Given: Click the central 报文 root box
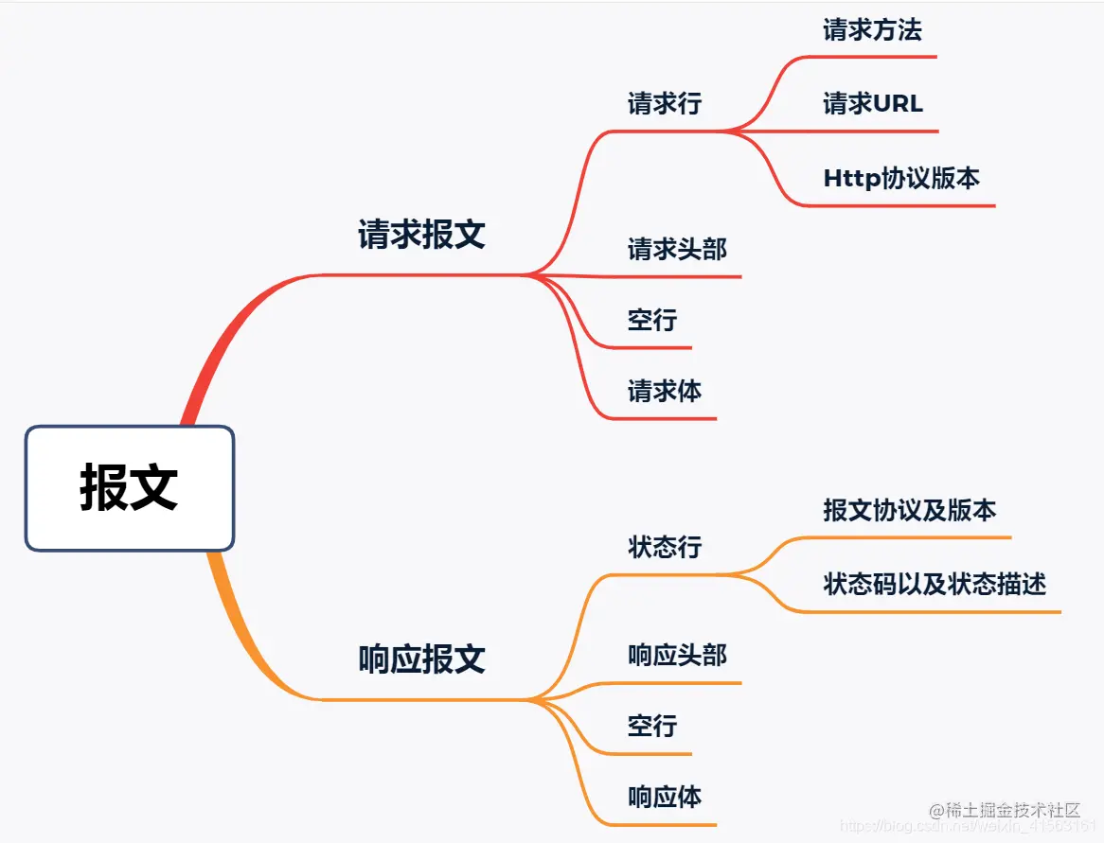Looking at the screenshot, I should pos(129,488).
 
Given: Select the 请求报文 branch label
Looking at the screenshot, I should pos(421,235).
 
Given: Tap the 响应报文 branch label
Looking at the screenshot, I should pos(421,659).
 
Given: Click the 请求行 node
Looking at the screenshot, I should pos(664,103).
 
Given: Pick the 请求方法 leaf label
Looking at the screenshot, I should pos(872,30).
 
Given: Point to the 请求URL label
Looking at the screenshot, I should pos(872,103).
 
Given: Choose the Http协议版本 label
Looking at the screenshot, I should pos(900,178).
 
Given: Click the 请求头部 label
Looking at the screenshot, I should pos(677,250).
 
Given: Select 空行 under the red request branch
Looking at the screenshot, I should pos(652,320).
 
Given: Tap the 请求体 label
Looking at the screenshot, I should pos(664,391).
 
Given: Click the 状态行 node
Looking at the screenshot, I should pos(664,547).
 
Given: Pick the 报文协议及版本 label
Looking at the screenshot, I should pos(909,511).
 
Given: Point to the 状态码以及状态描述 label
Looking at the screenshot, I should pos(935,584).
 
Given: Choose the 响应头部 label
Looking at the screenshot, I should pos(677,655).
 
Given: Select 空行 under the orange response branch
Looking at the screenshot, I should pos(652,726).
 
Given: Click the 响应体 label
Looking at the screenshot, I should pos(664,797).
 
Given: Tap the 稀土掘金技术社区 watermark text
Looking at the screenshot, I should pos(1012,810).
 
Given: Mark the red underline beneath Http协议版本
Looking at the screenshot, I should pos(899,204).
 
